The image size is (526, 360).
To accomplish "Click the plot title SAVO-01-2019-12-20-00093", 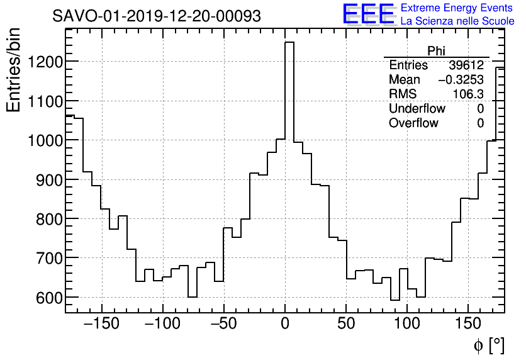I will pos(157,16).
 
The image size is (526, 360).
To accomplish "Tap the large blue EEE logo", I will pos(368,14).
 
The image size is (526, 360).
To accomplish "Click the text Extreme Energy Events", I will pos(457,8).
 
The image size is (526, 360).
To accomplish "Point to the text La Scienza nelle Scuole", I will pos(457,21).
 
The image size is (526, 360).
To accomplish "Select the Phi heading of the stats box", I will pos(436,51).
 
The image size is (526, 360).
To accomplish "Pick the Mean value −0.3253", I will pos(461,80).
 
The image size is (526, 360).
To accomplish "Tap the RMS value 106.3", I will pos(468,94).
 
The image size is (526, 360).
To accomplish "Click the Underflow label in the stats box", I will pos(417,109).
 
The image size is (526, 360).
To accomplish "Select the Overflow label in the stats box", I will pos(413,123).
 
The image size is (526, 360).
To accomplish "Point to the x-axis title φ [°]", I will pos(488,345).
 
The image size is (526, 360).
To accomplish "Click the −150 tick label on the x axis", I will pos(101,325).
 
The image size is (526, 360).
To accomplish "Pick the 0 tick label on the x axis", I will pos(285,325).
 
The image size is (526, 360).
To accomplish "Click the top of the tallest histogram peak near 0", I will pos(289,42).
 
